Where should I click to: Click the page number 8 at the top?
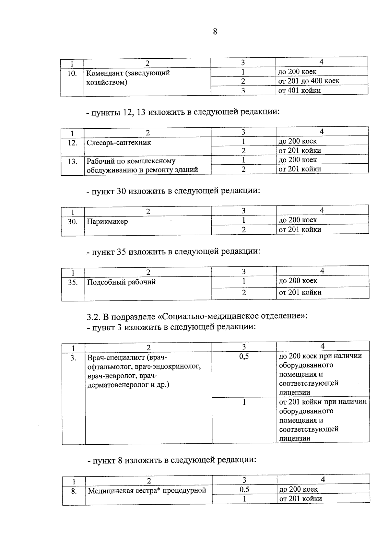(x=215, y=32)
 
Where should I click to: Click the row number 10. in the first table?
(x=72, y=74)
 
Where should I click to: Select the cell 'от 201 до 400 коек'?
(x=309, y=81)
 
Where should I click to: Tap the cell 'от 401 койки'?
(x=300, y=90)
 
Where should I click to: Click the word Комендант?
(x=104, y=73)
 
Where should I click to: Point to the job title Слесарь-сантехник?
(x=119, y=143)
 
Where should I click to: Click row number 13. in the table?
(x=72, y=161)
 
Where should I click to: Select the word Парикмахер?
(x=107, y=222)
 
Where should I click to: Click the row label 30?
(x=73, y=222)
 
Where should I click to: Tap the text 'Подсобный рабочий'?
(x=122, y=282)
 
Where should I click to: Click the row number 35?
(x=73, y=282)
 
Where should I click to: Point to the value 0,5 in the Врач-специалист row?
(x=244, y=357)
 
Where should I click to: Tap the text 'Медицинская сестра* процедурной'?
(x=147, y=490)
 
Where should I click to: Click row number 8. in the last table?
(x=74, y=491)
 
